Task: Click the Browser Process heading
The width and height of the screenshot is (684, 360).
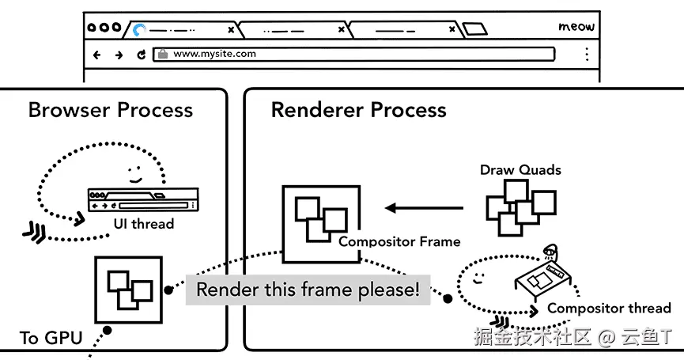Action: [x=111, y=109]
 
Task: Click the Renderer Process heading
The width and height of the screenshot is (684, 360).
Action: [x=358, y=109]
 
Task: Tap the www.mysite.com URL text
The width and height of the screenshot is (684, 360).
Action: [x=214, y=54]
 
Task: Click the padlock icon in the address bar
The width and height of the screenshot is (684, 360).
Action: [x=163, y=54]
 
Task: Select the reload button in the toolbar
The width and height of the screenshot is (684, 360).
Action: [x=141, y=55]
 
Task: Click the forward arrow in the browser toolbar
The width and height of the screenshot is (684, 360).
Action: [x=119, y=55]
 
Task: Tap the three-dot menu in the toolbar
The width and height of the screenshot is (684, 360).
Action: [x=588, y=54]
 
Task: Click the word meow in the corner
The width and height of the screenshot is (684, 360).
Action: [x=576, y=27]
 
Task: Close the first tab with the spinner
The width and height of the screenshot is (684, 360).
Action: [x=231, y=30]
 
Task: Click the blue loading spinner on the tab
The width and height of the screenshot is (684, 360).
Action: [x=139, y=30]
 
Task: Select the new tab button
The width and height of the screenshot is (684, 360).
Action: [x=474, y=29]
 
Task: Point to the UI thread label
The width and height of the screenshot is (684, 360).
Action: [x=143, y=224]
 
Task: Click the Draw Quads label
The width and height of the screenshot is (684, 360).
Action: [x=520, y=170]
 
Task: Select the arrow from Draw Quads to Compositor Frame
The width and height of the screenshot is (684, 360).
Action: [x=424, y=208]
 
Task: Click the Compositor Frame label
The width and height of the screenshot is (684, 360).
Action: [x=399, y=241]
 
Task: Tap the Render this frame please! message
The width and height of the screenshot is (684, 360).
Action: [x=308, y=290]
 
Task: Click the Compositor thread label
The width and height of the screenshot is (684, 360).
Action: [x=609, y=308]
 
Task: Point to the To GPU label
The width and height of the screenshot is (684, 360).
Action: [x=51, y=338]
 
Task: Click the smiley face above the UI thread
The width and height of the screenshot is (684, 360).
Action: [x=135, y=174]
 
